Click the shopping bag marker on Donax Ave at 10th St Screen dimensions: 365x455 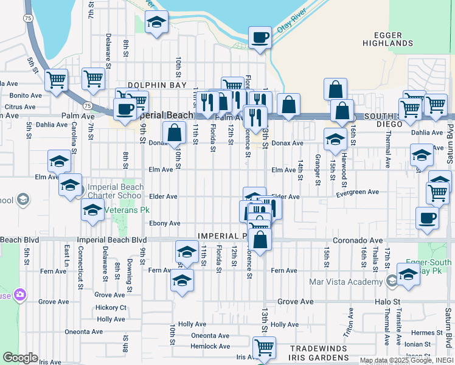(175, 133)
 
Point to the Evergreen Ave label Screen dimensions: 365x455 (358, 192)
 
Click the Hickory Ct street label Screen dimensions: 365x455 (111, 308)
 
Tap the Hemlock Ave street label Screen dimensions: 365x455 (210, 346)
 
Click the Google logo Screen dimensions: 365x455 (19, 358)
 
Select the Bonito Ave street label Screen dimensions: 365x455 (26, 96)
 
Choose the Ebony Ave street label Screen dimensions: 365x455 (165, 223)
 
